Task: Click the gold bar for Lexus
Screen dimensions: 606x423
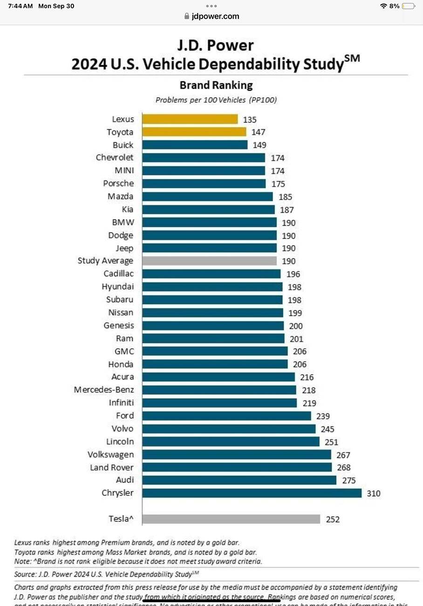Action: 190,119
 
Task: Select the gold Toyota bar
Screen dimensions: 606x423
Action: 194,132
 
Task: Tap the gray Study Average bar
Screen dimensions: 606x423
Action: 209,261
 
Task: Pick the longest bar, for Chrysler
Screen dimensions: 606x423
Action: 252,493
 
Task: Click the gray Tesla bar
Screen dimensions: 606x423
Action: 231,519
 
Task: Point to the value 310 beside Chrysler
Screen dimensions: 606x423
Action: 374,493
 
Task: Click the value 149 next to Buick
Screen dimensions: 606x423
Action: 259,145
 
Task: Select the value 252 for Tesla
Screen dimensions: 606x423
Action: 333,519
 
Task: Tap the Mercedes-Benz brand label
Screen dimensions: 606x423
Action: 103,390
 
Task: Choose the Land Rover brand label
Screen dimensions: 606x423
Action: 112,467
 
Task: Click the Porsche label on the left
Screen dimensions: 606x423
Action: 118,184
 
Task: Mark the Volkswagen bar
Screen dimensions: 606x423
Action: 236,454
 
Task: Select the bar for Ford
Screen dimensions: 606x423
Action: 226,416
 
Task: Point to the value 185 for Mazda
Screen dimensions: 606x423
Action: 285,197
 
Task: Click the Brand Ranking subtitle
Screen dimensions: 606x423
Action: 216,85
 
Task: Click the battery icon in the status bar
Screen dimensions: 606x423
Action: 409,6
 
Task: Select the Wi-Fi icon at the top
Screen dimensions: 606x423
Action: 383,6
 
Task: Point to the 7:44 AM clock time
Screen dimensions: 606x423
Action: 20,6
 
